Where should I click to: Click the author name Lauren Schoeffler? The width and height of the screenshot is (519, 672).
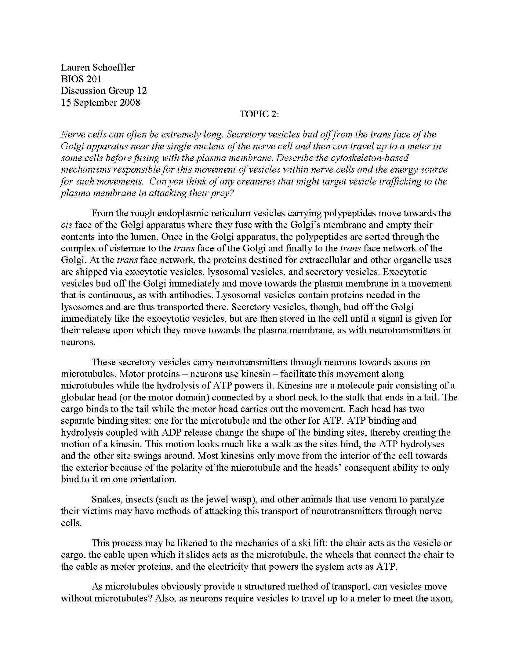(98, 68)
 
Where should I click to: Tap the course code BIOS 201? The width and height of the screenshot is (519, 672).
(81, 79)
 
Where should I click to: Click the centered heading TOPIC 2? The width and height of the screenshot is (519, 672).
(259, 114)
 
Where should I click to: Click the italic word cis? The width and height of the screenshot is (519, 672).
(67, 225)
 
